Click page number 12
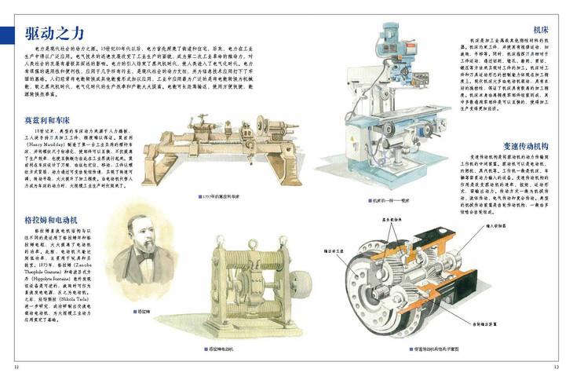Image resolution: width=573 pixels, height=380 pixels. click(x=16, y=366)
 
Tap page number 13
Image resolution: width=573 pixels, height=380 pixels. click(x=556, y=366)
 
